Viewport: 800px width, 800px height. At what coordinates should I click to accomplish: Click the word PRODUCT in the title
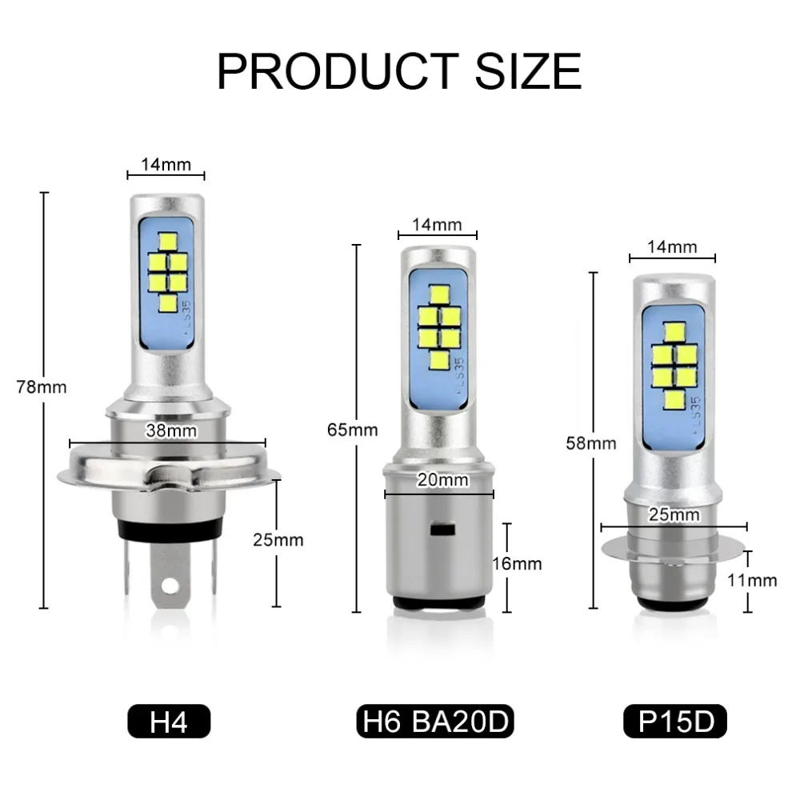pyautogui.click(x=338, y=71)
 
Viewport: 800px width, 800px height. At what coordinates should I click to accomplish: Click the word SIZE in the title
pyautogui.click(x=529, y=71)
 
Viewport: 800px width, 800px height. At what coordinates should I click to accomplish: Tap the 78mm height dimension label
pyautogui.click(x=42, y=387)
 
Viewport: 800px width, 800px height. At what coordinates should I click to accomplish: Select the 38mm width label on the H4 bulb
pyautogui.click(x=171, y=430)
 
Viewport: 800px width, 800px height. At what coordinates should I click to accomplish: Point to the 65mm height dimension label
pyautogui.click(x=353, y=430)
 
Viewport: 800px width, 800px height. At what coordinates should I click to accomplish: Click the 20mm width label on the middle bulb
pyautogui.click(x=442, y=479)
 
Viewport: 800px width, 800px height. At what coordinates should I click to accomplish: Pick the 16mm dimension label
pyautogui.click(x=517, y=564)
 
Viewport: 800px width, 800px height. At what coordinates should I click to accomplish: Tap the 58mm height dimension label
pyautogui.click(x=591, y=443)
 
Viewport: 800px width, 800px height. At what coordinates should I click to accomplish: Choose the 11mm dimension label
pyautogui.click(x=752, y=580)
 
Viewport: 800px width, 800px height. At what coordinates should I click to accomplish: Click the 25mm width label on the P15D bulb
pyautogui.click(x=674, y=514)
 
